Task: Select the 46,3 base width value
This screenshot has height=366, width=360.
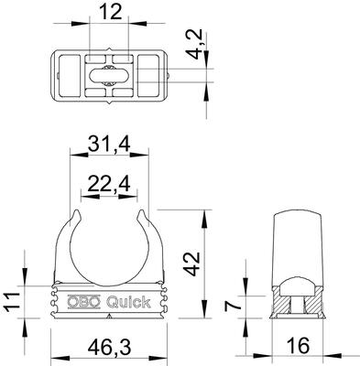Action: pyautogui.click(x=109, y=348)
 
